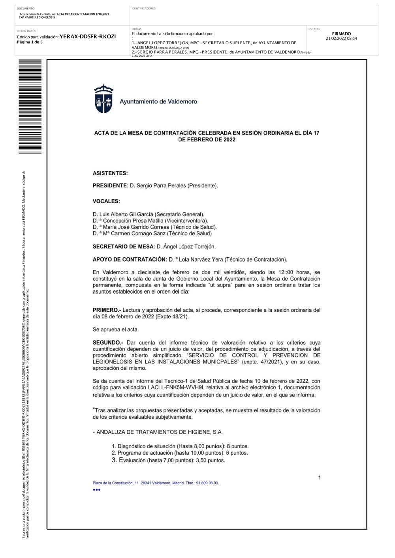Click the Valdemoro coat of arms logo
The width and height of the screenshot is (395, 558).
click(103, 99)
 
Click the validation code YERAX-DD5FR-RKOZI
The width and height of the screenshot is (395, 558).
click(88, 37)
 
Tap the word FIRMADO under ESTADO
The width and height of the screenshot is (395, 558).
click(341, 34)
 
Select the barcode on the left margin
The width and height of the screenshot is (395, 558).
click(30, 107)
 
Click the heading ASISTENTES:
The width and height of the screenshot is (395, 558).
click(110, 173)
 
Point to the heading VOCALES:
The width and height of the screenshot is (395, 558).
click(106, 201)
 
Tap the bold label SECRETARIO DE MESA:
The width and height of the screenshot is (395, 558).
click(124, 247)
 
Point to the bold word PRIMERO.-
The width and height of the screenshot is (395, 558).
click(106, 310)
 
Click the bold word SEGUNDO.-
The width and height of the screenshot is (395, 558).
click(108, 343)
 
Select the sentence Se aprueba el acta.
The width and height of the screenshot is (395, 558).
click(116, 330)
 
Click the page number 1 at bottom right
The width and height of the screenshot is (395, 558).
click(320, 477)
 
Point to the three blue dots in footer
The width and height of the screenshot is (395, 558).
click(97, 490)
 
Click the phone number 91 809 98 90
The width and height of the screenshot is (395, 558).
click(207, 483)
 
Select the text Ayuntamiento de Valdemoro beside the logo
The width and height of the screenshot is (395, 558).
click(158, 102)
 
